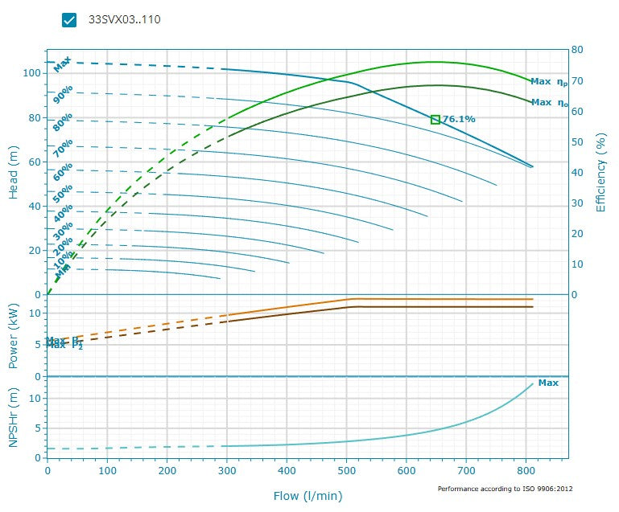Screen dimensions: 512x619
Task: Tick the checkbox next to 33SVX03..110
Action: coord(69,20)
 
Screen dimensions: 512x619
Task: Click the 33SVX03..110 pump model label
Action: coord(124,20)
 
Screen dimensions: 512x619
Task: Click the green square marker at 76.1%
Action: coord(435,119)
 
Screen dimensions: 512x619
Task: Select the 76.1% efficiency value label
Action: coord(459,119)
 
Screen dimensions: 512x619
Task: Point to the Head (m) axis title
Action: coord(14,172)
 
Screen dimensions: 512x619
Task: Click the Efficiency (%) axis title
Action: coord(600,172)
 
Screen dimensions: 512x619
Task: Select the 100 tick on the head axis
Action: coord(31,73)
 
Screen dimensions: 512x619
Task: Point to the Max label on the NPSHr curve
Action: coord(548,383)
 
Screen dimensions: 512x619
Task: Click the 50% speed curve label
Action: coord(64,193)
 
